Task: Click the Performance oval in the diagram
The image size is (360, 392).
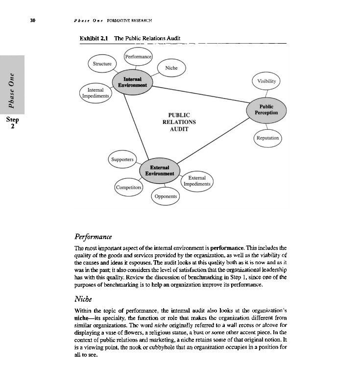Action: (x=138, y=57)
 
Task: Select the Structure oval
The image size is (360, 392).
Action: (x=102, y=64)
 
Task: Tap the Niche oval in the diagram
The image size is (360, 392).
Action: (x=171, y=69)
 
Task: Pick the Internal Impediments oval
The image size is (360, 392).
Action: (x=95, y=93)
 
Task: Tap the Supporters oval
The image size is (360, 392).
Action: (x=122, y=159)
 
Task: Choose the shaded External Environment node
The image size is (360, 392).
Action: (x=157, y=170)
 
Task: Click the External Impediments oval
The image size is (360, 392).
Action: (x=197, y=181)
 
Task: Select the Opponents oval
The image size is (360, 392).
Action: (x=166, y=196)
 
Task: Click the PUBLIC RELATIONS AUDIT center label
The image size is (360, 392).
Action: (x=179, y=122)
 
